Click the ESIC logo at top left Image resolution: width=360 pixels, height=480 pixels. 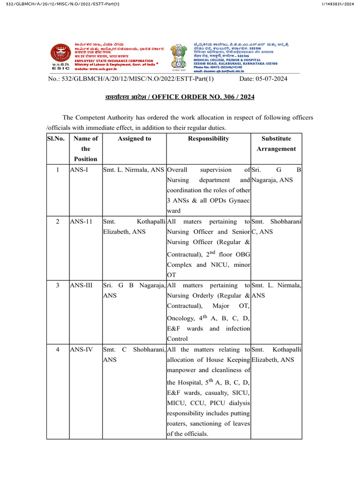(x=59, y=55)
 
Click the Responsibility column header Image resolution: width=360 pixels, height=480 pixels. (x=208, y=138)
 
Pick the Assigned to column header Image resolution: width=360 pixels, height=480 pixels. (x=134, y=138)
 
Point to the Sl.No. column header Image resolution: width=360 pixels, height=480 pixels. (x=57, y=138)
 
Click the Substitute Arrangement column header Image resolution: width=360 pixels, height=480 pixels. (x=276, y=143)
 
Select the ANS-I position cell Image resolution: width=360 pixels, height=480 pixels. (x=79, y=170)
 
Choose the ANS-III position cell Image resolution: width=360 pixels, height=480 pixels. (x=82, y=285)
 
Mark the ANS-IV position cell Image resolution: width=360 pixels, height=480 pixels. (x=81, y=349)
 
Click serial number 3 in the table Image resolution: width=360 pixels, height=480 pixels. (x=57, y=285)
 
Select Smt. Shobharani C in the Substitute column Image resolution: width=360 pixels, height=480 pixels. (x=276, y=226)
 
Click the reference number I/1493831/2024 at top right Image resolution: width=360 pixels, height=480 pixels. (x=337, y=4)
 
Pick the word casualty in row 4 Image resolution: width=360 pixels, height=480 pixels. (x=214, y=392)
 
